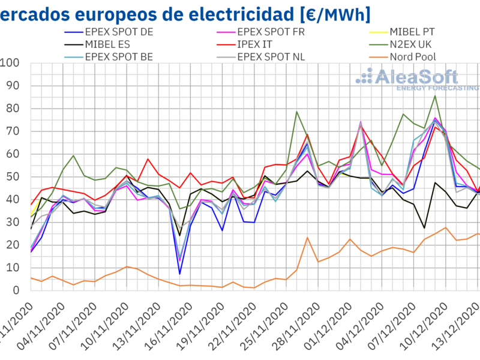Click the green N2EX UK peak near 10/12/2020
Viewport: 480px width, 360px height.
pos(435,95)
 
